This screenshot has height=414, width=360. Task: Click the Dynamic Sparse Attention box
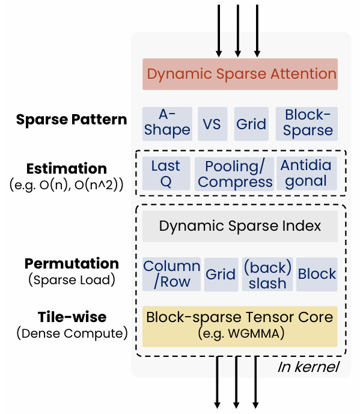click(x=240, y=74)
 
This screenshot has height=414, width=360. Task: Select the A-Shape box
click(x=167, y=123)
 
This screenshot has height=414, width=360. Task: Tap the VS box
click(x=212, y=124)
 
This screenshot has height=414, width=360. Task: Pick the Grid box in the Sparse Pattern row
click(x=251, y=124)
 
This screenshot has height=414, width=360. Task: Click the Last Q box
click(x=166, y=174)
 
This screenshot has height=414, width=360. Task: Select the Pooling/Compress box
click(x=235, y=174)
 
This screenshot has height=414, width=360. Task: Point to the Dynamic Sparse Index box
click(x=240, y=227)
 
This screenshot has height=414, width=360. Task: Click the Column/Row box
click(x=171, y=275)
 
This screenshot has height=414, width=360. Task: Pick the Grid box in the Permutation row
click(x=221, y=275)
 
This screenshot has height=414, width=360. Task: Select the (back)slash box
click(x=267, y=275)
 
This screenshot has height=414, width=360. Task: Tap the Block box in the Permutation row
click(x=317, y=275)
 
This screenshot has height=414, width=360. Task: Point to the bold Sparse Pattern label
click(x=72, y=119)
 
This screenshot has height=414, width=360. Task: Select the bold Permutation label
click(x=72, y=263)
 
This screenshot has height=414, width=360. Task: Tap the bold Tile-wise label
click(x=72, y=317)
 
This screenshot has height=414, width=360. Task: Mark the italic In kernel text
click(x=308, y=366)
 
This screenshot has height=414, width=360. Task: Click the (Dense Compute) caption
click(x=72, y=332)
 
